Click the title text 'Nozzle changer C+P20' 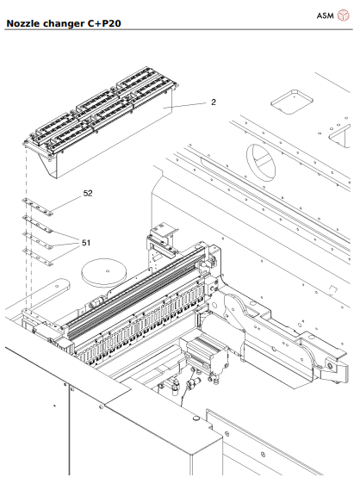tap(63, 23)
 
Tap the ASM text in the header tap(324, 15)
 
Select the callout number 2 tap(213, 102)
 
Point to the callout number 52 tap(88, 194)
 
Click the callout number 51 tap(87, 243)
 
